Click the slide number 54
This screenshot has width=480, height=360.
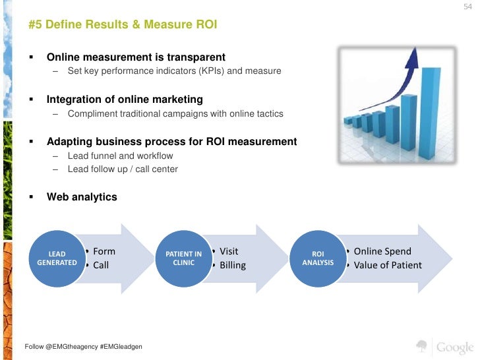click(x=469, y=7)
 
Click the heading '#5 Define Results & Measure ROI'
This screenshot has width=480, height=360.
click(x=123, y=25)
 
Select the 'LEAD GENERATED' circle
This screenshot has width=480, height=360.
click(x=57, y=258)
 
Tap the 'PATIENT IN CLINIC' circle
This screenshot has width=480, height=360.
click(x=183, y=258)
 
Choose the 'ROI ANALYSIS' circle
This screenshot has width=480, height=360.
click(x=318, y=258)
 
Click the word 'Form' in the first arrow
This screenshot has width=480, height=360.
click(x=104, y=251)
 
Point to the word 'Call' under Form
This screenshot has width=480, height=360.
click(x=101, y=265)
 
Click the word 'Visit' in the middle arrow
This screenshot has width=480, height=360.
click(x=229, y=251)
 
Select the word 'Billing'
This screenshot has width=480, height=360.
click(x=233, y=265)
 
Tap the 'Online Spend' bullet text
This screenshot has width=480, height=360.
click(x=382, y=251)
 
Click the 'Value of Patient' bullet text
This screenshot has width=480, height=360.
click(x=388, y=265)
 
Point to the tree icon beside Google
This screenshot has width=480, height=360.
click(x=422, y=346)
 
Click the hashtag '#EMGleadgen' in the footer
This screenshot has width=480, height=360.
click(x=119, y=347)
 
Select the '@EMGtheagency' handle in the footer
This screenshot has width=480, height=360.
click(x=71, y=347)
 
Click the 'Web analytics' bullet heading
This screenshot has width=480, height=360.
click(x=82, y=196)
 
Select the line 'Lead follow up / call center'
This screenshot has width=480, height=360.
click(x=123, y=169)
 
